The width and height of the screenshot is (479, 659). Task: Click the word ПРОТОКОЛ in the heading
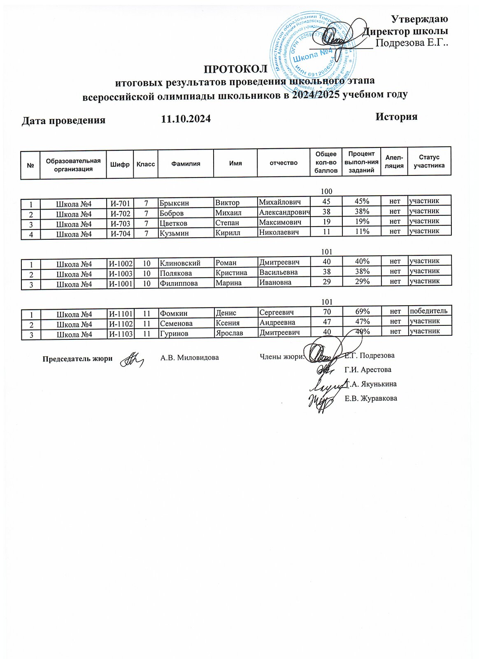(x=236, y=68)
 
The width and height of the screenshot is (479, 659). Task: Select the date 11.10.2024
(x=186, y=119)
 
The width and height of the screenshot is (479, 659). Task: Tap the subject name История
(x=396, y=117)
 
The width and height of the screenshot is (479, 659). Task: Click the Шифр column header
(x=120, y=164)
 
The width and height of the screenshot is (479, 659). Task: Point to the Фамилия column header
(x=186, y=164)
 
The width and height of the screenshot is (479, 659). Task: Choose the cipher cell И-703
(x=120, y=224)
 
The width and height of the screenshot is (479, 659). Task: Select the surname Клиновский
(x=180, y=263)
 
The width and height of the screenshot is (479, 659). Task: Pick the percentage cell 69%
(x=362, y=312)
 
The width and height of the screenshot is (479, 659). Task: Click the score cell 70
(x=326, y=312)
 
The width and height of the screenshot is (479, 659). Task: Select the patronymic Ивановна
(x=275, y=283)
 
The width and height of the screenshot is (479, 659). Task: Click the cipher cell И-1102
(x=120, y=324)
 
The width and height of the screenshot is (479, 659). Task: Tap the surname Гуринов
(x=174, y=334)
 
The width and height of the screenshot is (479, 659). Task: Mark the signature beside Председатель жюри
(x=131, y=359)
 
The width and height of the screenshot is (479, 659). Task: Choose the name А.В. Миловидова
(x=189, y=358)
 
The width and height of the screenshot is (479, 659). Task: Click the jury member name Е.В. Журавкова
(x=370, y=398)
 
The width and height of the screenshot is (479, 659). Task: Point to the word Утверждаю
(x=419, y=19)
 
